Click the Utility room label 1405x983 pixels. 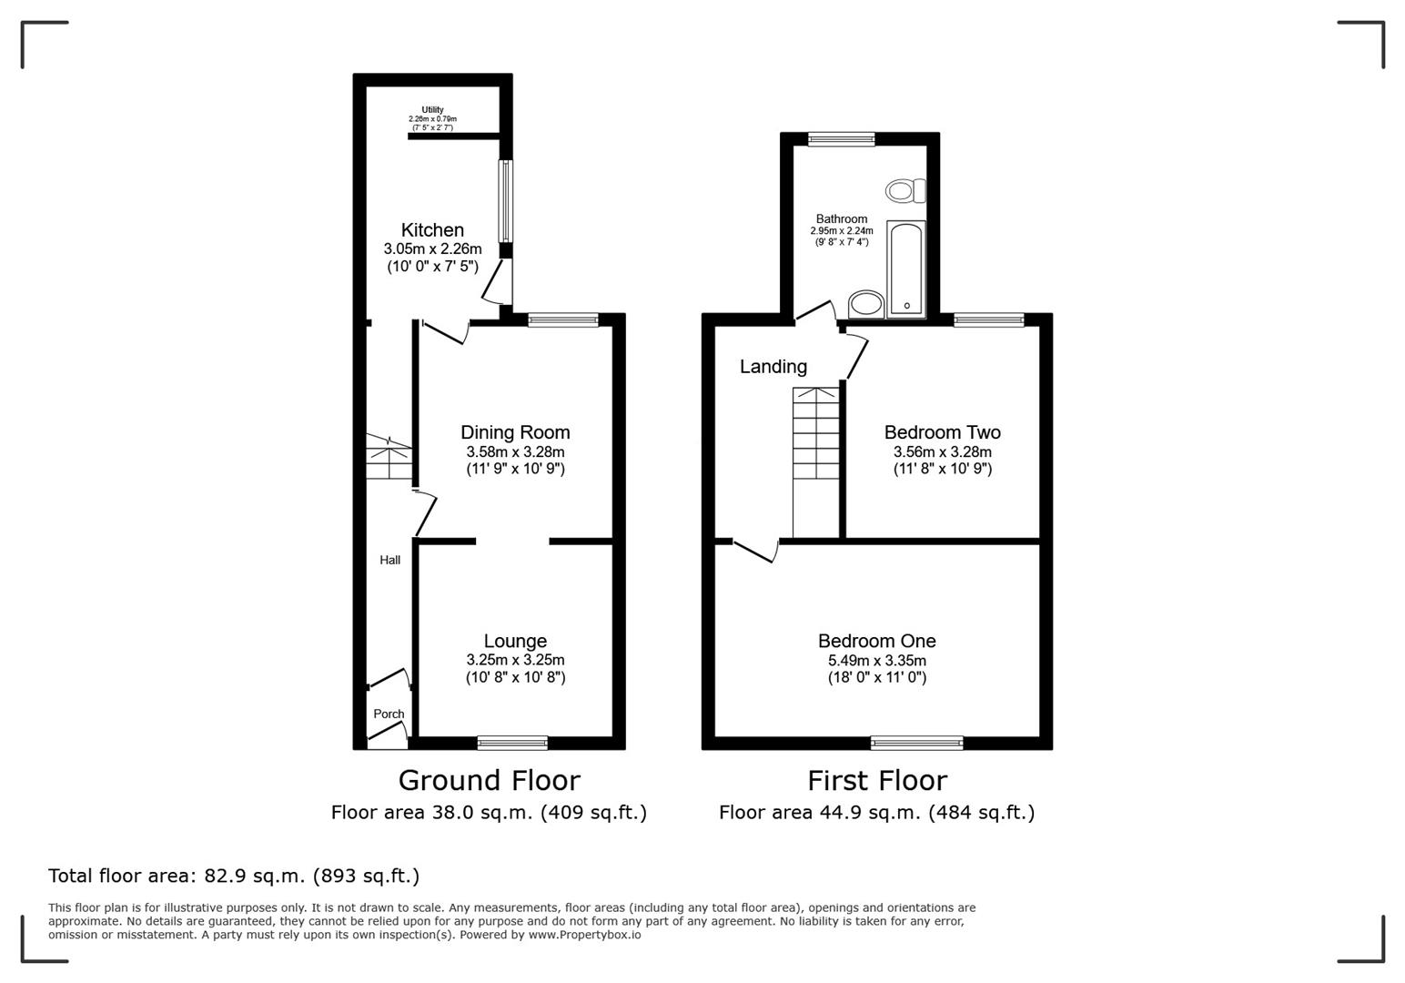[x=432, y=110]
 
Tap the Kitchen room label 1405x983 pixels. [x=433, y=230]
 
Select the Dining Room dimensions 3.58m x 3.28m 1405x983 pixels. [x=515, y=451]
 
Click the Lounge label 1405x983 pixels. [x=515, y=642]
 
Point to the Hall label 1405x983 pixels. [x=389, y=560]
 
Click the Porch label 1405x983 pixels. [x=389, y=714]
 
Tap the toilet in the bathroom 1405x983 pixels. [x=905, y=190]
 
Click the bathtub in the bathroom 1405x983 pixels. [x=906, y=269]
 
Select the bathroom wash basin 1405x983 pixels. [x=865, y=304]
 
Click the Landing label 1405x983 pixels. [x=773, y=367]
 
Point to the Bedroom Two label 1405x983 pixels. [x=942, y=432]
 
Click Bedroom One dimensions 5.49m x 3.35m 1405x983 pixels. [x=876, y=661]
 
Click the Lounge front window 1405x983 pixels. [x=512, y=743]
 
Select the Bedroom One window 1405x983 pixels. [x=916, y=743]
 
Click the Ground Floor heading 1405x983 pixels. [x=489, y=780]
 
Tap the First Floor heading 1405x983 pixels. [x=877, y=780]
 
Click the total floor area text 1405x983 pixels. [x=234, y=876]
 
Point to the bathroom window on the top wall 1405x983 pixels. [x=841, y=139]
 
